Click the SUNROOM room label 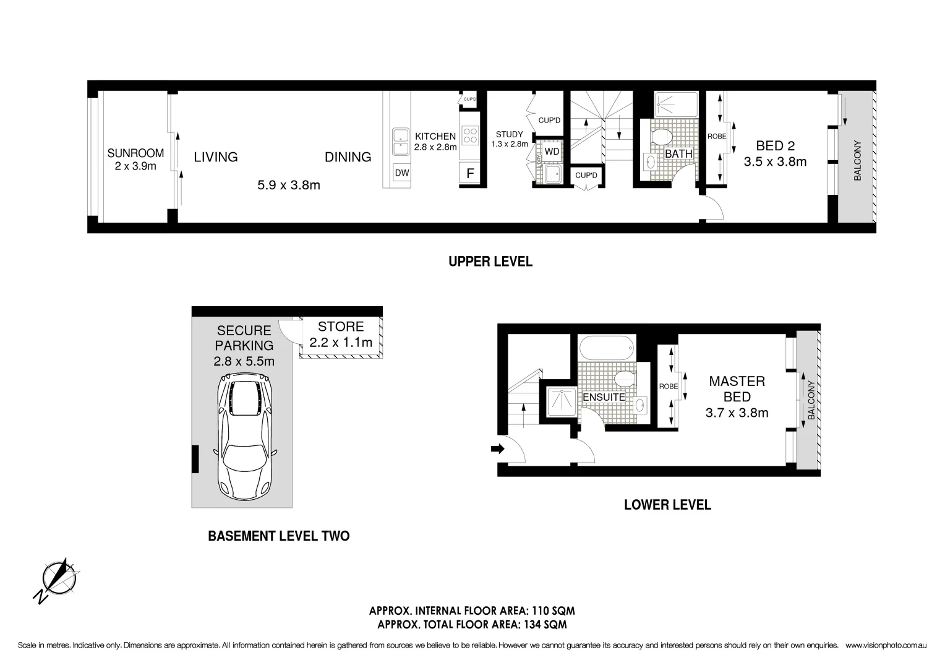[x=135, y=153]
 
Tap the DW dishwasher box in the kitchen [x=402, y=173]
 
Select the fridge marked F [x=470, y=174]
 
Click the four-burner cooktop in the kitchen [x=470, y=135]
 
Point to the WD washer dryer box [x=552, y=152]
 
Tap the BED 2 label [x=775, y=146]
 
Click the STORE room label [x=341, y=327]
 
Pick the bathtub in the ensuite [x=607, y=348]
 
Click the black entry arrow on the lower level [x=497, y=449]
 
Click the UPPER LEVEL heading [x=490, y=262]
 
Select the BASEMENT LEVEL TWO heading [x=278, y=536]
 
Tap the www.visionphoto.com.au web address [x=885, y=645]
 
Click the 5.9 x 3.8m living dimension [x=289, y=185]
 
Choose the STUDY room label [x=510, y=134]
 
